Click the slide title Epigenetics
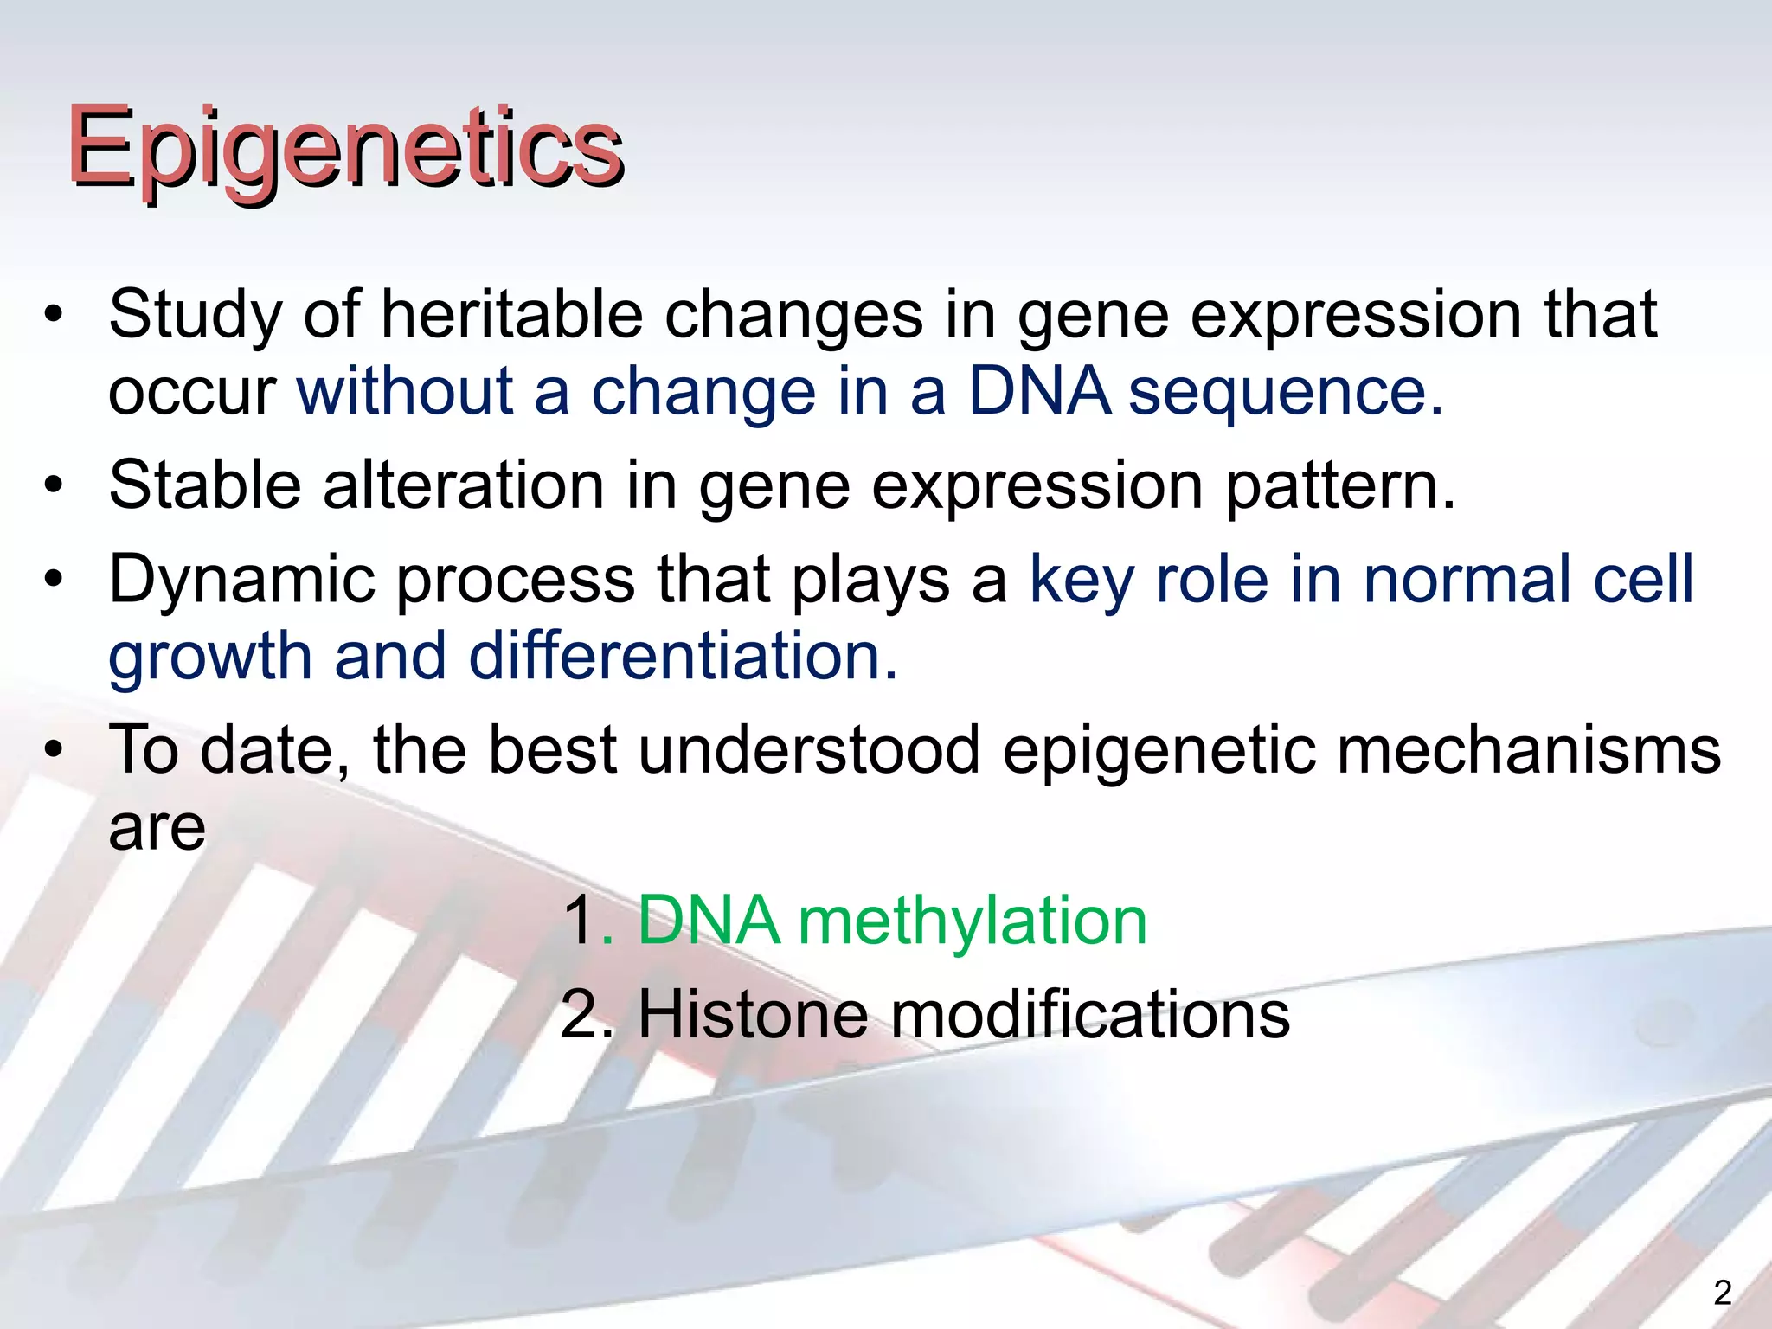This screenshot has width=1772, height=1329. point(346,149)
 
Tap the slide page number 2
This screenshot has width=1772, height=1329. point(1723,1293)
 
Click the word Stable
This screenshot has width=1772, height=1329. point(205,485)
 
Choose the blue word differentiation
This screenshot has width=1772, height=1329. point(684,655)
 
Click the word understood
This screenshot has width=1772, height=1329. point(809,749)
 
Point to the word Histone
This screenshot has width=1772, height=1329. point(753,1014)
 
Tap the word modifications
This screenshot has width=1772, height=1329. point(1090,1014)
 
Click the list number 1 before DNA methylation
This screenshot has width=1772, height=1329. point(579,921)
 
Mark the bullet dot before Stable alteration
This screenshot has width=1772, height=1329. point(55,486)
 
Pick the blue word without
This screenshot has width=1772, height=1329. point(406,391)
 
